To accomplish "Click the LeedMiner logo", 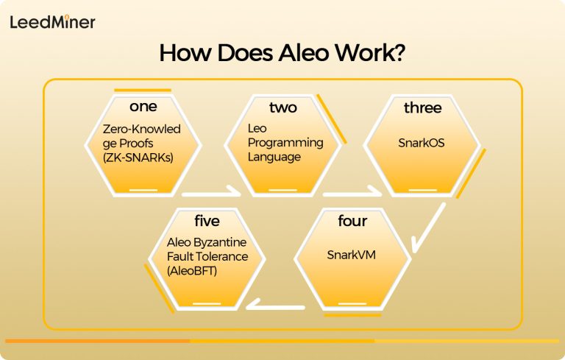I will [x=52, y=22].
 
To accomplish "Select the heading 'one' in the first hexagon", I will [x=143, y=107].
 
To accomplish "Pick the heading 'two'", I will [x=282, y=107].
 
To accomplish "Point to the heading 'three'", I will [x=422, y=107].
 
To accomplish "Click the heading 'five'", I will [x=206, y=221].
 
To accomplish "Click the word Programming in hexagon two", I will [x=285, y=142].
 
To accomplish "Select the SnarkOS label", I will [x=422, y=142].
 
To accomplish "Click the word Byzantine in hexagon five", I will [x=222, y=243].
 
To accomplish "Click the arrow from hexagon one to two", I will [x=211, y=194].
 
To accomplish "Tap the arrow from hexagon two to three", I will [x=352, y=194].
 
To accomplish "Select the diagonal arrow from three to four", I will [x=428, y=229].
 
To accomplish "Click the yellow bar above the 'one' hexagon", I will [x=143, y=90].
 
